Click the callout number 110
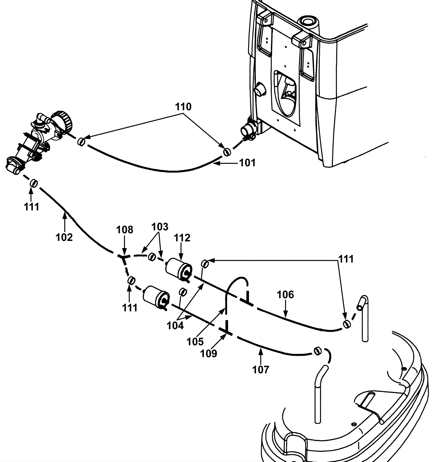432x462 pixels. [x=183, y=107]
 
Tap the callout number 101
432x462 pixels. [x=248, y=163]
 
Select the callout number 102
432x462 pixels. [x=64, y=237]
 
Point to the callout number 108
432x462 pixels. [x=125, y=230]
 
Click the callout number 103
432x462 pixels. [x=160, y=227]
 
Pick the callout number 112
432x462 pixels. [x=182, y=238]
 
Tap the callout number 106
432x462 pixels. [x=285, y=295]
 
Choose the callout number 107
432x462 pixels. [x=261, y=369]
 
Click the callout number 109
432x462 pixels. [x=209, y=353]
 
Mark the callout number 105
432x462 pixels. [x=195, y=342]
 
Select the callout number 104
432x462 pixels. [x=175, y=326]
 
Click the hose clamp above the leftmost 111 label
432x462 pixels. [x=34, y=183]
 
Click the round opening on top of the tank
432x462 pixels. [x=308, y=21]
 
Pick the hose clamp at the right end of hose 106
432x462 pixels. [x=347, y=324]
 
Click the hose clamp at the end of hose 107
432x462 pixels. [x=318, y=350]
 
